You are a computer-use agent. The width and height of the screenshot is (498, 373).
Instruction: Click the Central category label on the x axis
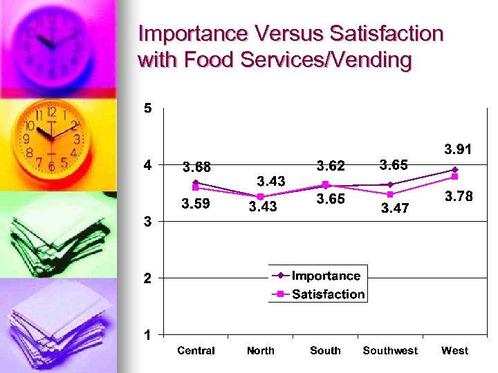pyautogui.click(x=196, y=351)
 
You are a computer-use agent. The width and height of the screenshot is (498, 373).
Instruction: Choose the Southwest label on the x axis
pyautogui.click(x=390, y=351)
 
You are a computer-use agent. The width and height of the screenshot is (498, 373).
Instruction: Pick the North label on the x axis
pyautogui.click(x=261, y=351)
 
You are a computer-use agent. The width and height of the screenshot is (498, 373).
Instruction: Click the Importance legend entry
pyautogui.click(x=326, y=276)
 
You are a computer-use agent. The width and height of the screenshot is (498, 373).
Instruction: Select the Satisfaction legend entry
pyautogui.click(x=328, y=294)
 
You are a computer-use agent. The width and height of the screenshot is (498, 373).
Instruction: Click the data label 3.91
pyautogui.click(x=459, y=149)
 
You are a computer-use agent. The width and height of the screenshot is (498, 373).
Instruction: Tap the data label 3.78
pyautogui.click(x=459, y=197)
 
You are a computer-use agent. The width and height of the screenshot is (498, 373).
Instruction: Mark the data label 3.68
pyautogui.click(x=196, y=167)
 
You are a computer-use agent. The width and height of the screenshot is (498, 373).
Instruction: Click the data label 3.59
pyautogui.click(x=196, y=204)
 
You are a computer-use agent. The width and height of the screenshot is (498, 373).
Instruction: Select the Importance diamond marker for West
pyautogui.click(x=454, y=169)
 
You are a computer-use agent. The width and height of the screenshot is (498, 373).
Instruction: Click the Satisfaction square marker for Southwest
pyautogui.click(x=390, y=194)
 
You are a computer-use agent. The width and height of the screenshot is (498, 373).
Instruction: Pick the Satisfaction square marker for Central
pyautogui.click(x=196, y=187)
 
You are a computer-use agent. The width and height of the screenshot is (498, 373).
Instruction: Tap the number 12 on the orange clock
pyautogui.click(x=52, y=112)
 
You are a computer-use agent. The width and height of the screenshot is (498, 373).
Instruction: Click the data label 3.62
pyautogui.click(x=331, y=166)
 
